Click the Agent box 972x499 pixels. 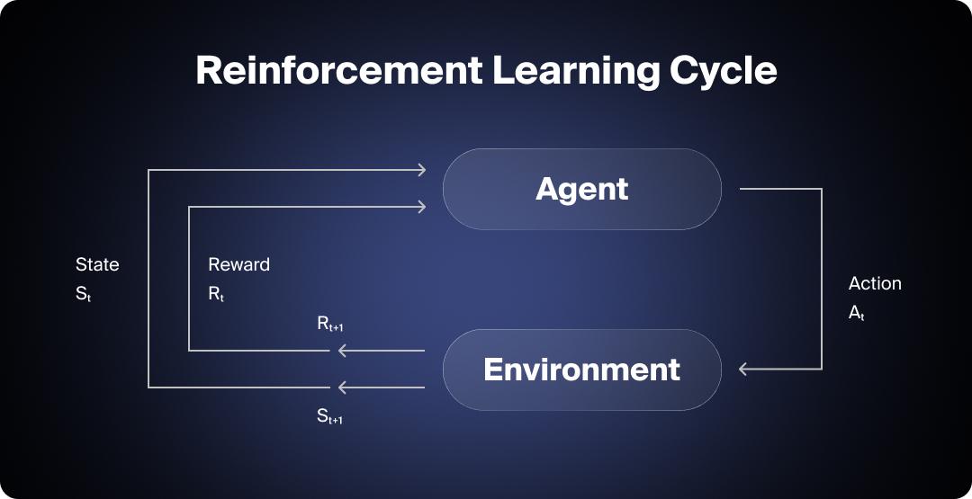pyautogui.click(x=581, y=189)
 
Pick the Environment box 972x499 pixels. pyautogui.click(x=581, y=370)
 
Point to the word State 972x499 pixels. pyautogui.click(x=97, y=264)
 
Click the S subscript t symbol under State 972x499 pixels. pyautogui.click(x=83, y=294)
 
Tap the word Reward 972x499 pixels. pyautogui.click(x=238, y=264)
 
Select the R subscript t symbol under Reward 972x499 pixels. pyautogui.click(x=216, y=294)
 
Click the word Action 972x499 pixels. pyautogui.click(x=875, y=283)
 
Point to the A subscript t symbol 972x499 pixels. pyautogui.click(x=856, y=313)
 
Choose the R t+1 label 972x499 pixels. pyautogui.click(x=330, y=325)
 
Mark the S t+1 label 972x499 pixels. pyautogui.click(x=330, y=417)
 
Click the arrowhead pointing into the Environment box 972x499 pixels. pyautogui.click(x=743, y=369)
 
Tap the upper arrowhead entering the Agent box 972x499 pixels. pyautogui.click(x=421, y=169)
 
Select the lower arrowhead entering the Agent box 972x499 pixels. pyautogui.click(x=421, y=207)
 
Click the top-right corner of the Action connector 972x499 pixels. pyautogui.click(x=821, y=189)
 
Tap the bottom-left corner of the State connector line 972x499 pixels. pyautogui.click(x=148, y=388)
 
